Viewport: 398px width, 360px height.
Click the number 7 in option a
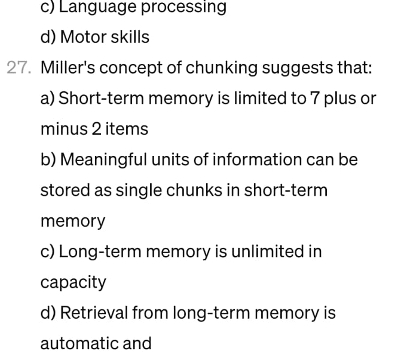pyautogui.click(x=316, y=98)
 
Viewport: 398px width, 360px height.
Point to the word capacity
pyautogui.click(x=73, y=282)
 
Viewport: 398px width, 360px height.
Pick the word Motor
pyautogui.click(x=83, y=37)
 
